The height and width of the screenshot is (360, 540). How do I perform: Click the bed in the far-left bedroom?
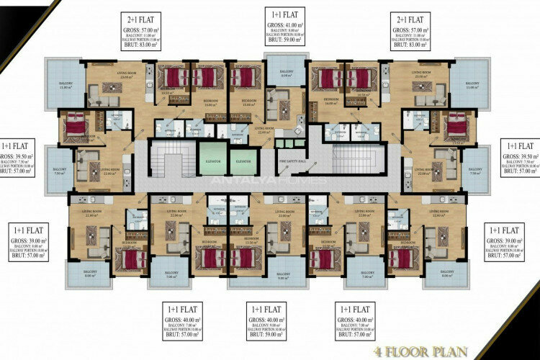[x=76, y=127]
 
